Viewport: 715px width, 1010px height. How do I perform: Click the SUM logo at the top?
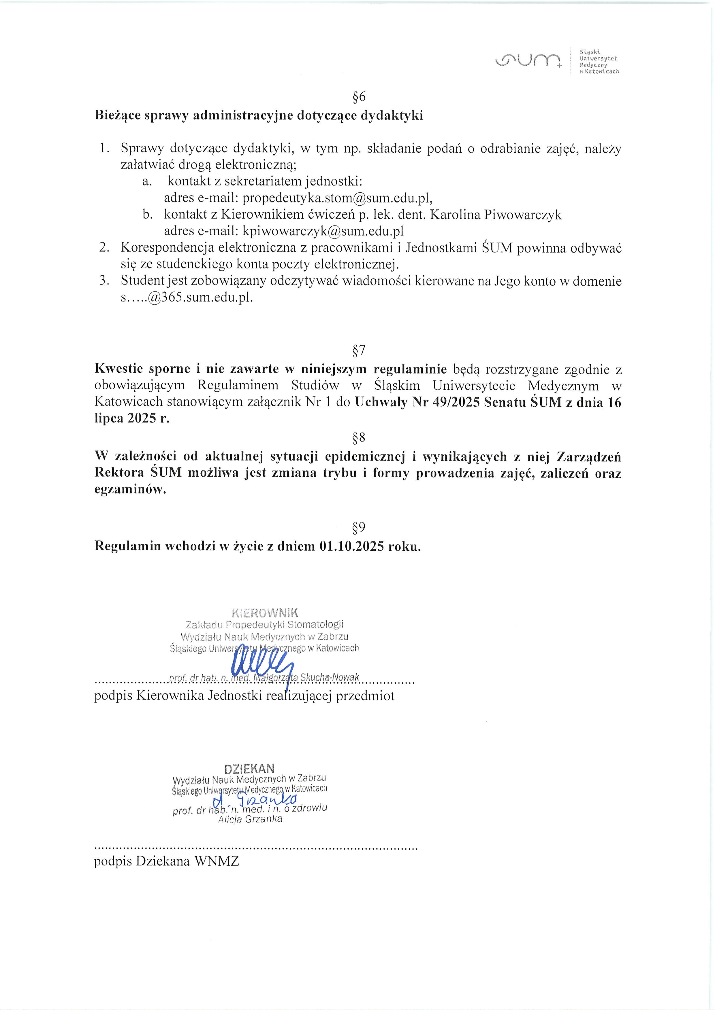pos(528,61)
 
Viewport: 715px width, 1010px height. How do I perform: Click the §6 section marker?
pos(359,97)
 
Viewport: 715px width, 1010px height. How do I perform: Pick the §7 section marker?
pos(359,350)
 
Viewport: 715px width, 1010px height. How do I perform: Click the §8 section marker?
pos(359,438)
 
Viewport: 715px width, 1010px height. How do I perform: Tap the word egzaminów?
pos(130,490)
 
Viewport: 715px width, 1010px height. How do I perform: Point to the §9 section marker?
pos(359,527)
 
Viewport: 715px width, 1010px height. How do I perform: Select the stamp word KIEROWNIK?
pos(265,613)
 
